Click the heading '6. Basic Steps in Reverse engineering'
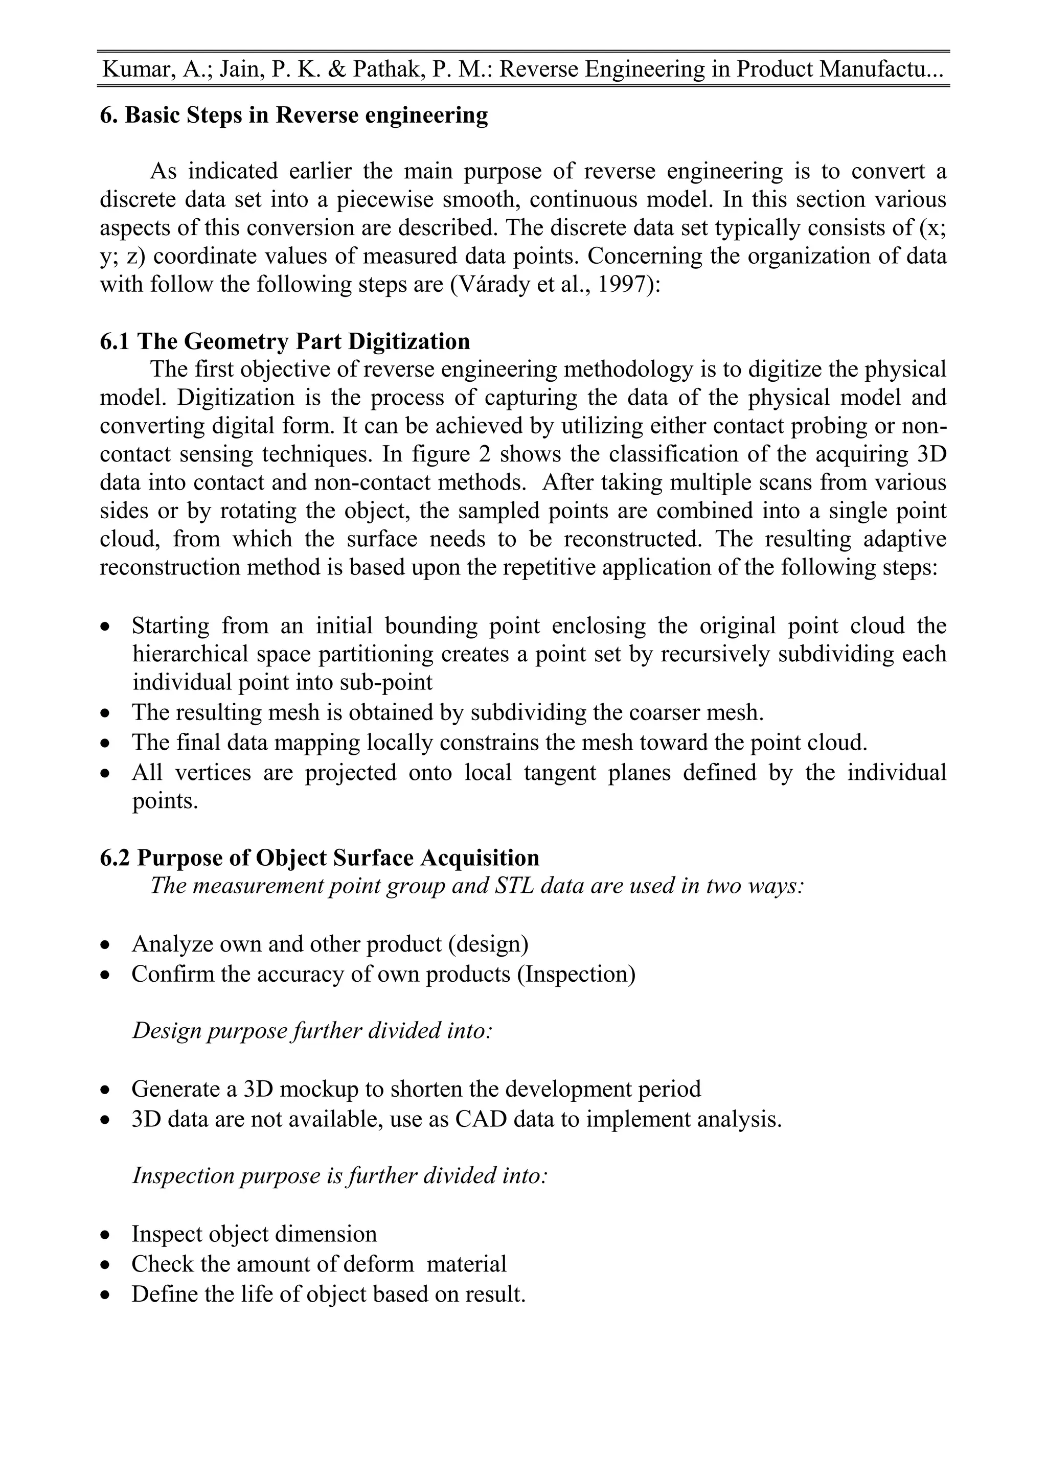293,115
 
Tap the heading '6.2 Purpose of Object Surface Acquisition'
319,858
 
